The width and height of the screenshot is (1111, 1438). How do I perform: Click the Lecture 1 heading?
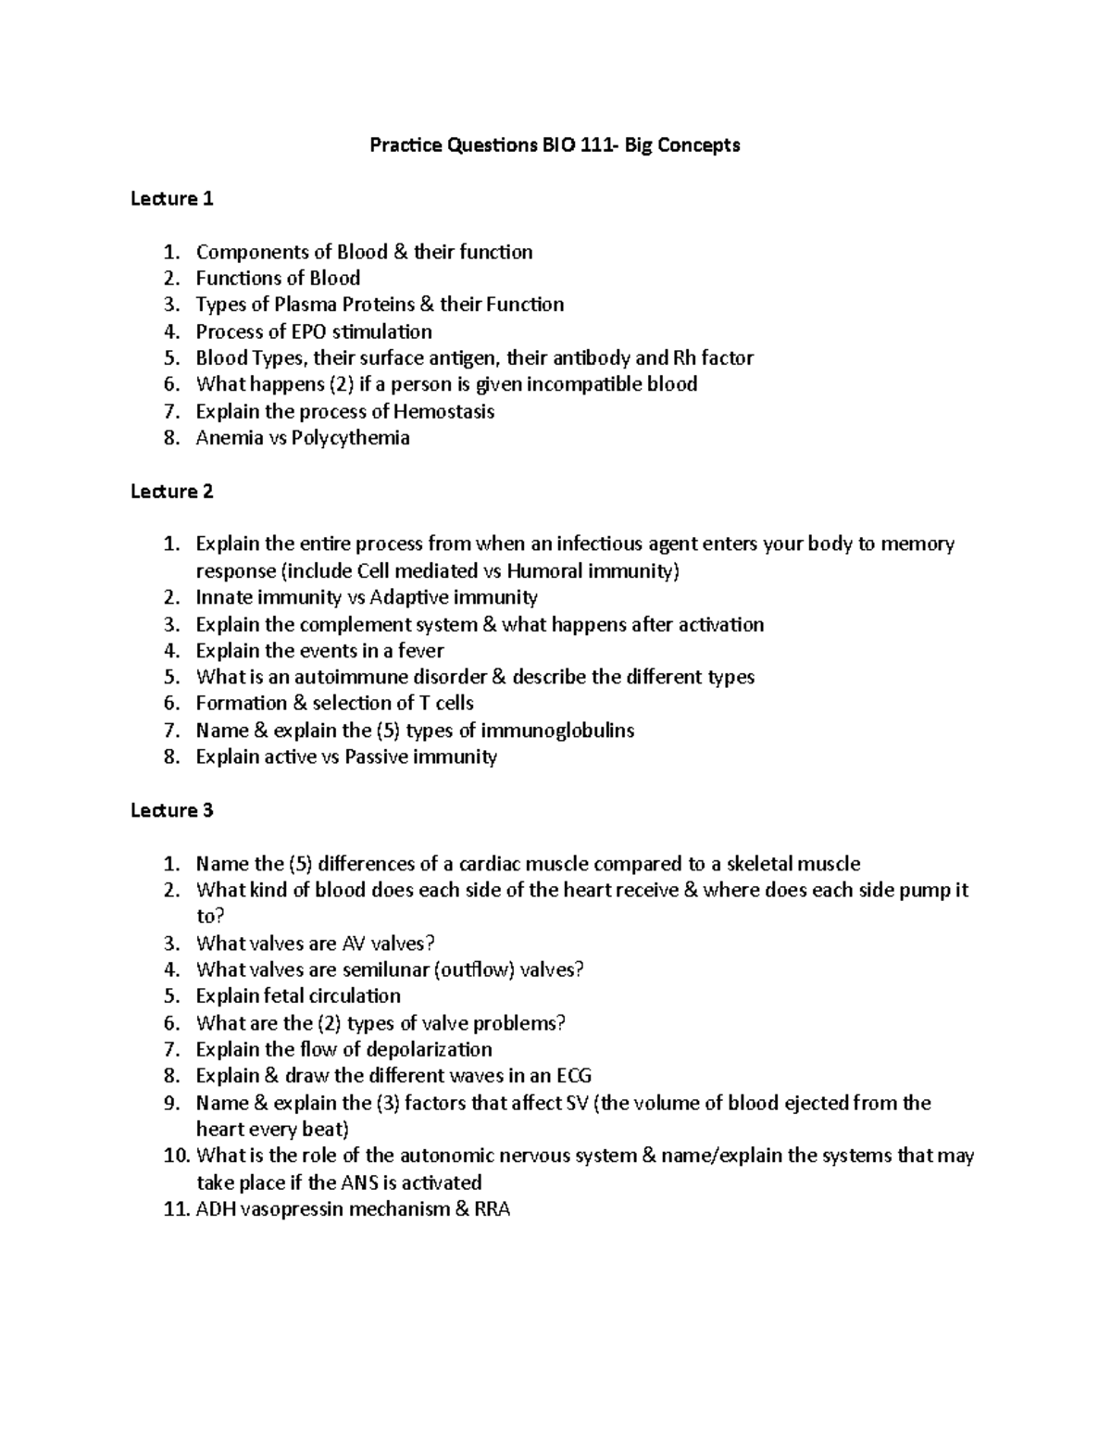(x=172, y=198)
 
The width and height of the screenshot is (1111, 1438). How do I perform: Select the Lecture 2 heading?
(x=172, y=491)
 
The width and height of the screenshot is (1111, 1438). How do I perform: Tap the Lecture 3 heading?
(x=172, y=810)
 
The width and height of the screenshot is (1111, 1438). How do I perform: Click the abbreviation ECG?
(x=573, y=1076)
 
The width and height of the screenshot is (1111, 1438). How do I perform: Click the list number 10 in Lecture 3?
(x=176, y=1156)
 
